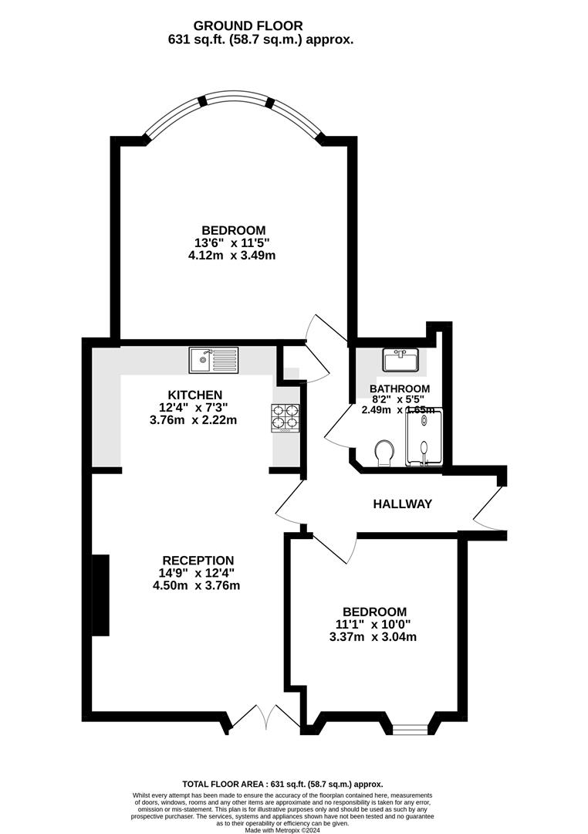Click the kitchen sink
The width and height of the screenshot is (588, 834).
tap(215, 360)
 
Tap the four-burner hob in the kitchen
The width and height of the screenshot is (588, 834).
tap(286, 418)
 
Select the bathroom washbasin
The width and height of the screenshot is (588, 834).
tap(401, 360)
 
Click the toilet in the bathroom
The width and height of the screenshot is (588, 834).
tap(385, 453)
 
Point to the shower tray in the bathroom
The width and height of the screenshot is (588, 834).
tap(424, 437)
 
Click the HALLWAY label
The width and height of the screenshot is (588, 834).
tap(403, 503)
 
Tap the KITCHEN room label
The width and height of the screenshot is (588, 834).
tap(195, 395)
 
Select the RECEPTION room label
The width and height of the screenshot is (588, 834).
tap(198, 561)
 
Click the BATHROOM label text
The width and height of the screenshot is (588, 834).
tap(400, 388)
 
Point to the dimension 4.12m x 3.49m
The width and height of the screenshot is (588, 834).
tap(231, 256)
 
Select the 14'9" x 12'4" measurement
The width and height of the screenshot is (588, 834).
tap(197, 573)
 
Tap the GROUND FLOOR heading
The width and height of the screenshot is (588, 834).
tap(248, 25)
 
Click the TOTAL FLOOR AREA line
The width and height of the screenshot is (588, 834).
tap(283, 784)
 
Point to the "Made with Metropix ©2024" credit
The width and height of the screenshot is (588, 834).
tap(282, 829)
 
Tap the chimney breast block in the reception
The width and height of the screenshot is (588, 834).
tap(100, 595)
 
